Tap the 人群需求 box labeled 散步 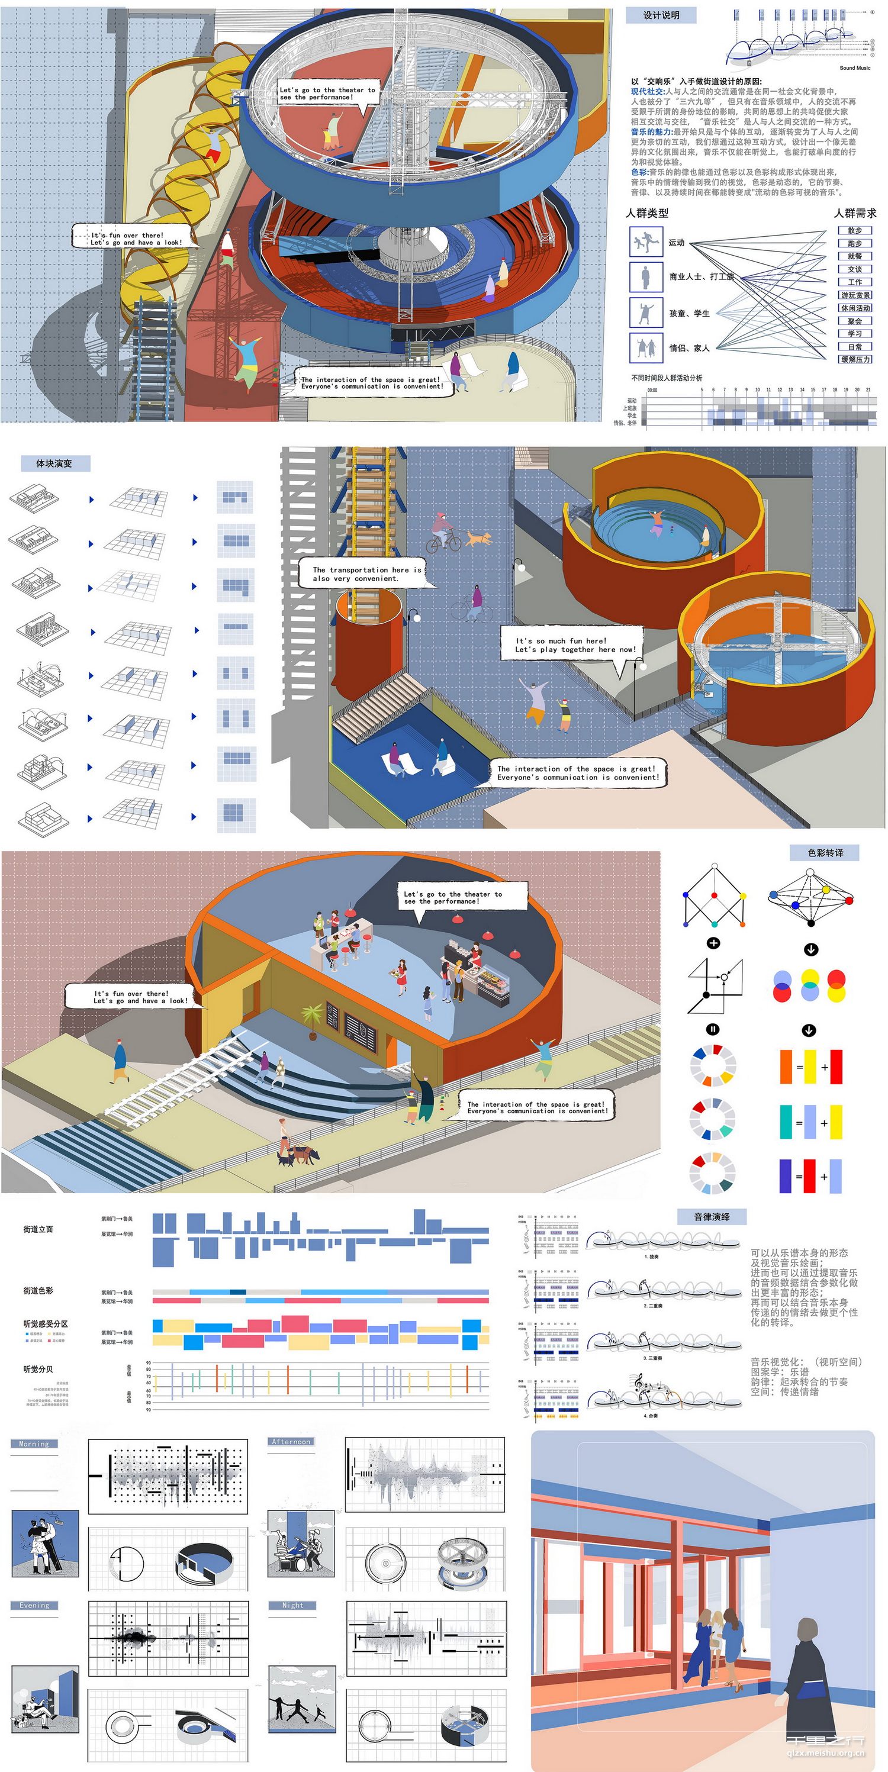point(854,230)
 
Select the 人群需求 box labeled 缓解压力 point(854,359)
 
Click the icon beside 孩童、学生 point(645,313)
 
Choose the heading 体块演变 point(54,463)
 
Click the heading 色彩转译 point(825,853)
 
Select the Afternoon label point(291,1441)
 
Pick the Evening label point(34,1605)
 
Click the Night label point(292,1605)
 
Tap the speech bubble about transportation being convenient point(366,574)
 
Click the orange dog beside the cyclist point(479,537)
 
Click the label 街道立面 point(38,1229)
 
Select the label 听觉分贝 point(38,1369)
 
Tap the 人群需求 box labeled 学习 point(854,334)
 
